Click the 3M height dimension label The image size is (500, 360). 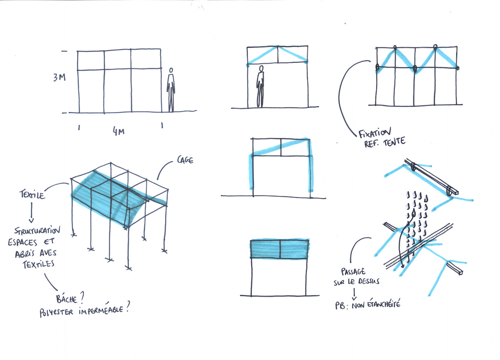pos(59,77)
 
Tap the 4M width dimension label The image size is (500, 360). pos(119,131)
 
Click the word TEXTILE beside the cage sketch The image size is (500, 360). pos(32,194)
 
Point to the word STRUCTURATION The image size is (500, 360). pos(37,230)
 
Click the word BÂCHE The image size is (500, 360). pos(66,298)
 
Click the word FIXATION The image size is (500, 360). pos(375,133)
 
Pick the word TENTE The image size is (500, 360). pos(395,141)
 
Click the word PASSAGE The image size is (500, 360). pos(354,272)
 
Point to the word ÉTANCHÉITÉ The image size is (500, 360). pos(384,304)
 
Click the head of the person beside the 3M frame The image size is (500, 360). pos(171,70)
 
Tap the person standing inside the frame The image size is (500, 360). pos(261,86)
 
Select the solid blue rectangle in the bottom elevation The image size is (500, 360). pos(280,249)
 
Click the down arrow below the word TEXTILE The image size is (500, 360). pos(31,212)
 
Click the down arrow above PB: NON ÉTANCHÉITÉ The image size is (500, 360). pos(354,294)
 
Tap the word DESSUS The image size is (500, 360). pos(369,281)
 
